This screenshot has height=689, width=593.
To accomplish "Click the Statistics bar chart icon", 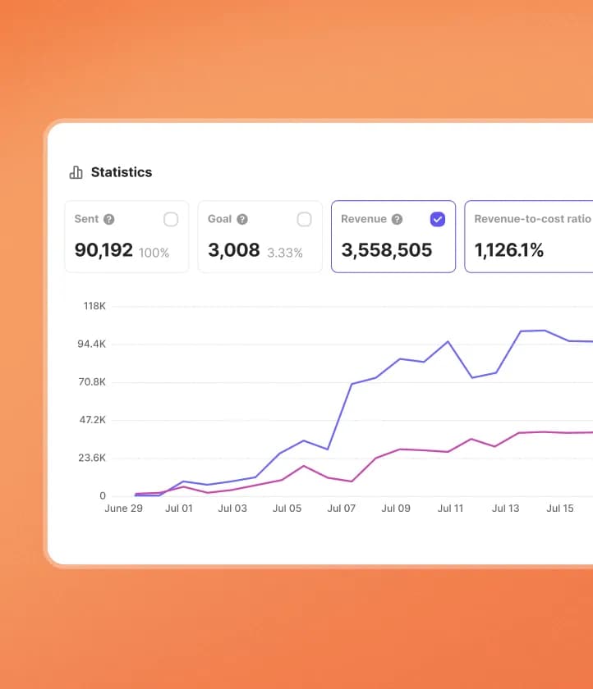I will [76, 172].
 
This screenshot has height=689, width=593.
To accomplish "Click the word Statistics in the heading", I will [121, 172].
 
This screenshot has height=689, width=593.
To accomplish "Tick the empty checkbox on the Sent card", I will [171, 219].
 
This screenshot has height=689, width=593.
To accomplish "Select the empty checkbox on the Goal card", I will [304, 219].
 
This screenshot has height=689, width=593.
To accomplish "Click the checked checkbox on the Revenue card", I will [438, 219].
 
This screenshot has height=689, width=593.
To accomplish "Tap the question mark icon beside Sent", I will [109, 219].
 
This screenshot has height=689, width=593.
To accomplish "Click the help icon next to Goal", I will [242, 219].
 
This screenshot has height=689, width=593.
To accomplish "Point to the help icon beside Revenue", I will [397, 219].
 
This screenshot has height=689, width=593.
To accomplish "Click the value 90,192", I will [103, 250].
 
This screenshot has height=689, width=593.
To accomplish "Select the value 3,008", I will [233, 250].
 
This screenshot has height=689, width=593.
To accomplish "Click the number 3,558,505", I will [386, 250].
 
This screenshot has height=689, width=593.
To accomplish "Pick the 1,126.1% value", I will [509, 250].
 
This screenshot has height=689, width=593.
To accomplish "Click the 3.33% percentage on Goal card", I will [284, 253].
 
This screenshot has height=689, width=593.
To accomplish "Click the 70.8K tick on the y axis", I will [91, 382].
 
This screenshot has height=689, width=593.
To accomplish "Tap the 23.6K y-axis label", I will [91, 458].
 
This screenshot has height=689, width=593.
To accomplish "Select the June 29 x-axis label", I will [124, 509].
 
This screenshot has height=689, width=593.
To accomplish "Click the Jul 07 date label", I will [341, 509].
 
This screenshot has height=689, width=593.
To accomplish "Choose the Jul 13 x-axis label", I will [505, 509].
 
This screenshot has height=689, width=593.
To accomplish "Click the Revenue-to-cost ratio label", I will [532, 219].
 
